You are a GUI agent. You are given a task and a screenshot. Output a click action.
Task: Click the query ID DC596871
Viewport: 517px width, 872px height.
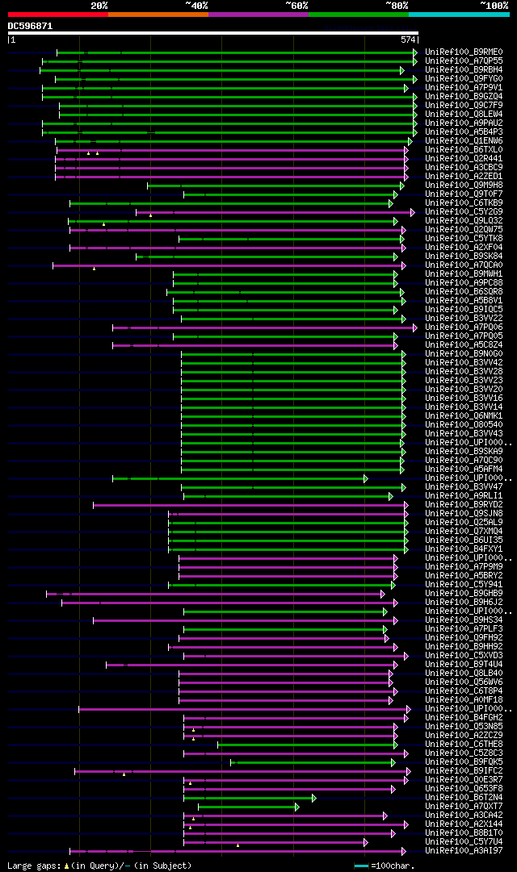(30, 26)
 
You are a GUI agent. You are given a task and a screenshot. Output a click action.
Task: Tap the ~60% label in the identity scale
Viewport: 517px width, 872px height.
(296, 6)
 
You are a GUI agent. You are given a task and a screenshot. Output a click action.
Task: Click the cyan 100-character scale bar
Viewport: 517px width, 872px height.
(361, 866)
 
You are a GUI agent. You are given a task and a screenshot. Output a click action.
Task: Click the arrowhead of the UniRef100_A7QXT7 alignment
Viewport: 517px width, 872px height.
(297, 807)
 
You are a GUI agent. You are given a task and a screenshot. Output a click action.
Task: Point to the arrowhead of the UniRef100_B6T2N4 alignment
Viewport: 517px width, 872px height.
(313, 798)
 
